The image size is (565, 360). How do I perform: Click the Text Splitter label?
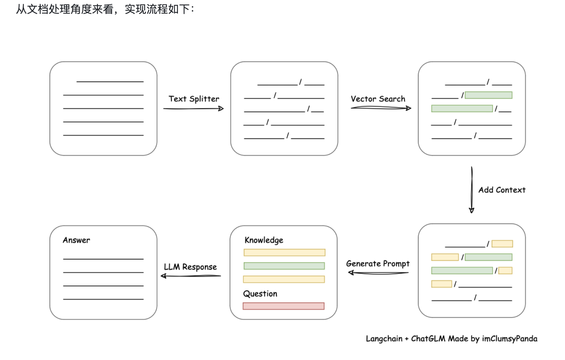coord(194,99)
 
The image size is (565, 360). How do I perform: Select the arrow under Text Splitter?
coord(193,109)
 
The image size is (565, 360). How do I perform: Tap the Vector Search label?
coord(378,99)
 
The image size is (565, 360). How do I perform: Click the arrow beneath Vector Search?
coord(381,108)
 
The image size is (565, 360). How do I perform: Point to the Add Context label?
coord(502,190)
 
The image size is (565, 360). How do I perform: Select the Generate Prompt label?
coord(378,264)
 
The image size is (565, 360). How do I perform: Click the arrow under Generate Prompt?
coord(378,273)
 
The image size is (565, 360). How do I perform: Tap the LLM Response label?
coord(190,267)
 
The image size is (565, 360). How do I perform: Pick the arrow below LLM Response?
coord(191,276)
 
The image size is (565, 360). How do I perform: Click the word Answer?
coord(76,240)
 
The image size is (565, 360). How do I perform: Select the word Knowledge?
coord(264,240)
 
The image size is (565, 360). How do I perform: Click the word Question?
coord(260,294)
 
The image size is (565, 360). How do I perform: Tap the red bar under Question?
coord(284,306)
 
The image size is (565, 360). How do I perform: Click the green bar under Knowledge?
coord(284,266)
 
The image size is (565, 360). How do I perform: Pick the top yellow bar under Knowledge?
coord(284,252)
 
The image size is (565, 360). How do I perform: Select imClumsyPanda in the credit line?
coord(510,339)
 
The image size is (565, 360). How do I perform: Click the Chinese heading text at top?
coord(105,9)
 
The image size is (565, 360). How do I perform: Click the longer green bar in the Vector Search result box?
coord(462,109)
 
